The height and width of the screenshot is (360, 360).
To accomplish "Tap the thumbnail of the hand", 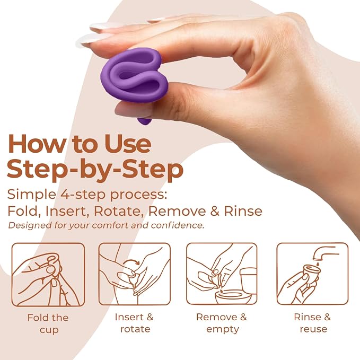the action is (x=133, y=110).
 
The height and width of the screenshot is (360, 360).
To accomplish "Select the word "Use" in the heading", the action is (x=128, y=144).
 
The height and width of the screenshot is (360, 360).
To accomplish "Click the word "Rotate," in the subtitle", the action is (x=119, y=211).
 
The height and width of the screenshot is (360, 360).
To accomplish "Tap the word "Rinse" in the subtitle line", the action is (x=243, y=211).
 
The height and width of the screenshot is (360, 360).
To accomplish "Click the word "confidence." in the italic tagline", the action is (x=178, y=225).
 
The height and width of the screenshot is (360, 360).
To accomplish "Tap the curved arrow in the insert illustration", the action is (x=131, y=260).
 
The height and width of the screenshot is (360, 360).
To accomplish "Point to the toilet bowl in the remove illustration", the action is (x=233, y=296).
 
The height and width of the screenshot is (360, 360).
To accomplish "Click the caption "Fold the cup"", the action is (x=48, y=324).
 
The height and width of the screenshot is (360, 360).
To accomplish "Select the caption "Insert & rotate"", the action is (x=134, y=323).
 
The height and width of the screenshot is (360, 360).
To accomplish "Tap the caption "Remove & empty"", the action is (x=222, y=323).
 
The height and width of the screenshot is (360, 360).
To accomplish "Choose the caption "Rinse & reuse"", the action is (x=313, y=323).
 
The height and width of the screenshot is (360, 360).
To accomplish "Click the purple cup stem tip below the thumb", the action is (x=144, y=122).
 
